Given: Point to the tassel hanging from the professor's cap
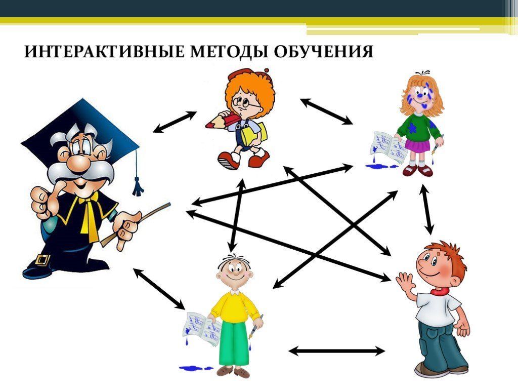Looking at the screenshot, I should click(137, 185).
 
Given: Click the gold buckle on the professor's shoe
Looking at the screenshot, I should click(44, 260).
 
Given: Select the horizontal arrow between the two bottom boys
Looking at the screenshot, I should click(337, 351).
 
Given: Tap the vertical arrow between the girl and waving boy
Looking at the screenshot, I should click(427, 210).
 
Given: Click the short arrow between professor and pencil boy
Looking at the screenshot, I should click(175, 122).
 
